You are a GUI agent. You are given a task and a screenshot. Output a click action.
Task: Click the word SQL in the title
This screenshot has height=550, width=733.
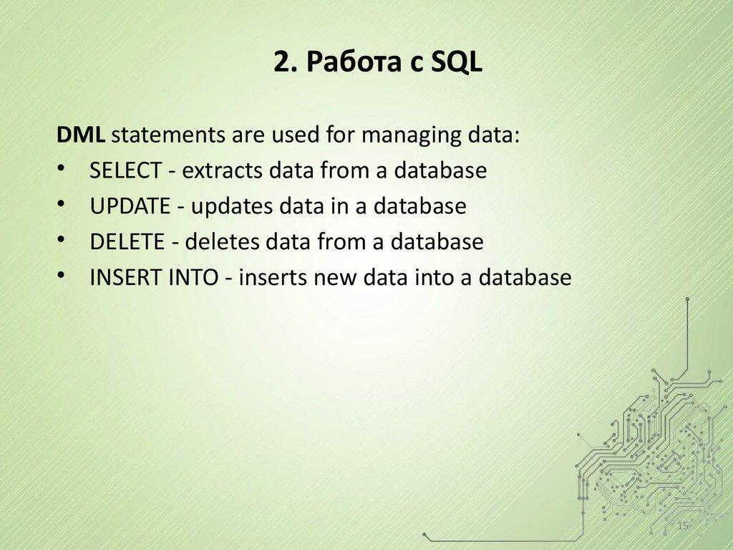tap(457, 64)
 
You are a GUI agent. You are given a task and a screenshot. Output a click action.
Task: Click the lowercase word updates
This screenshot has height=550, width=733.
tap(228, 206)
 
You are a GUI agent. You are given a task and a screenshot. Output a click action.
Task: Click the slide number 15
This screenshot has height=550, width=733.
tap(682, 527)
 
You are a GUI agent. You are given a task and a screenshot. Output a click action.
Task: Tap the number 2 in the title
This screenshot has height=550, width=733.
tap(280, 64)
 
